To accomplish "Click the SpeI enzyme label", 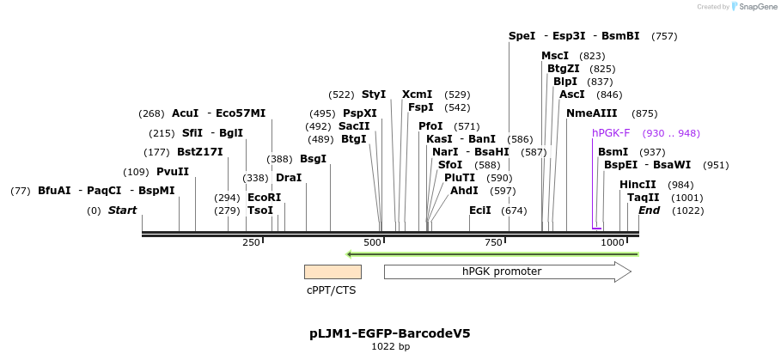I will (522, 36).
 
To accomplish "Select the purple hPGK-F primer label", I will (611, 133).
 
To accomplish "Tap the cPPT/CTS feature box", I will (333, 272).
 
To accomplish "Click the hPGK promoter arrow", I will (507, 272).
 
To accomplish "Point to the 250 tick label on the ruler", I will (251, 243).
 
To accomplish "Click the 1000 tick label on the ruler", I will (613, 243).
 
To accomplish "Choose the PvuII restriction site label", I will (173, 171).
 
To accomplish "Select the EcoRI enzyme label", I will (264, 197).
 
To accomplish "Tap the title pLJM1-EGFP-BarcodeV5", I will (390, 333).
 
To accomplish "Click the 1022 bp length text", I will (390, 347).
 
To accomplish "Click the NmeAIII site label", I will (592, 113).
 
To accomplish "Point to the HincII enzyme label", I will (638, 185).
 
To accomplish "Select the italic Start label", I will (122, 211).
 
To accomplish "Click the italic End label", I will (650, 211).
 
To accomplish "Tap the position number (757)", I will (664, 36).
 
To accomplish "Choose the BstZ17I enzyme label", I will (199, 152).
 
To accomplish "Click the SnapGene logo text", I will (755, 7).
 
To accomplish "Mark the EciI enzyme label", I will (480, 211).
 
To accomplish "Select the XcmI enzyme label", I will (418, 95).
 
